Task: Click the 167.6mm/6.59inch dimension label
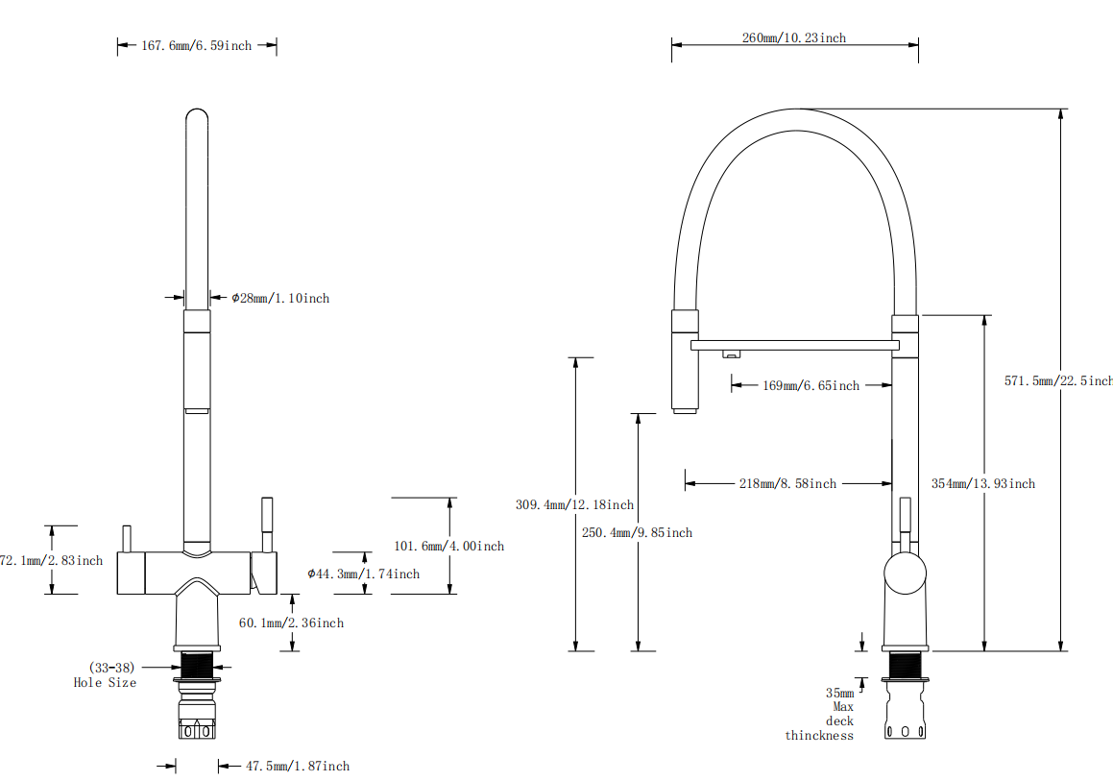tap(197, 45)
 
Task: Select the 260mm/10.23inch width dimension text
tap(794, 38)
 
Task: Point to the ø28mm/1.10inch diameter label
tap(280, 299)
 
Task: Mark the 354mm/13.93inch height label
tap(983, 483)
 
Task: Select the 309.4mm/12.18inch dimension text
tap(574, 504)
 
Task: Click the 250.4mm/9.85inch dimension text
tap(638, 532)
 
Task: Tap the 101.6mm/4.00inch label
tap(448, 546)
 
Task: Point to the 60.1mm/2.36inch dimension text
tap(291, 622)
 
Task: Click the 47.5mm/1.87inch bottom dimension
tap(298, 766)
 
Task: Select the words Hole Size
tap(105, 682)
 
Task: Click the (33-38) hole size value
tap(111, 667)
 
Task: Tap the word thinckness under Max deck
tap(819, 735)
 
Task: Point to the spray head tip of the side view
tap(685, 410)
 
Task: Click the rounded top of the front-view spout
tap(196, 116)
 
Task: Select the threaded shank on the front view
tap(197, 664)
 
